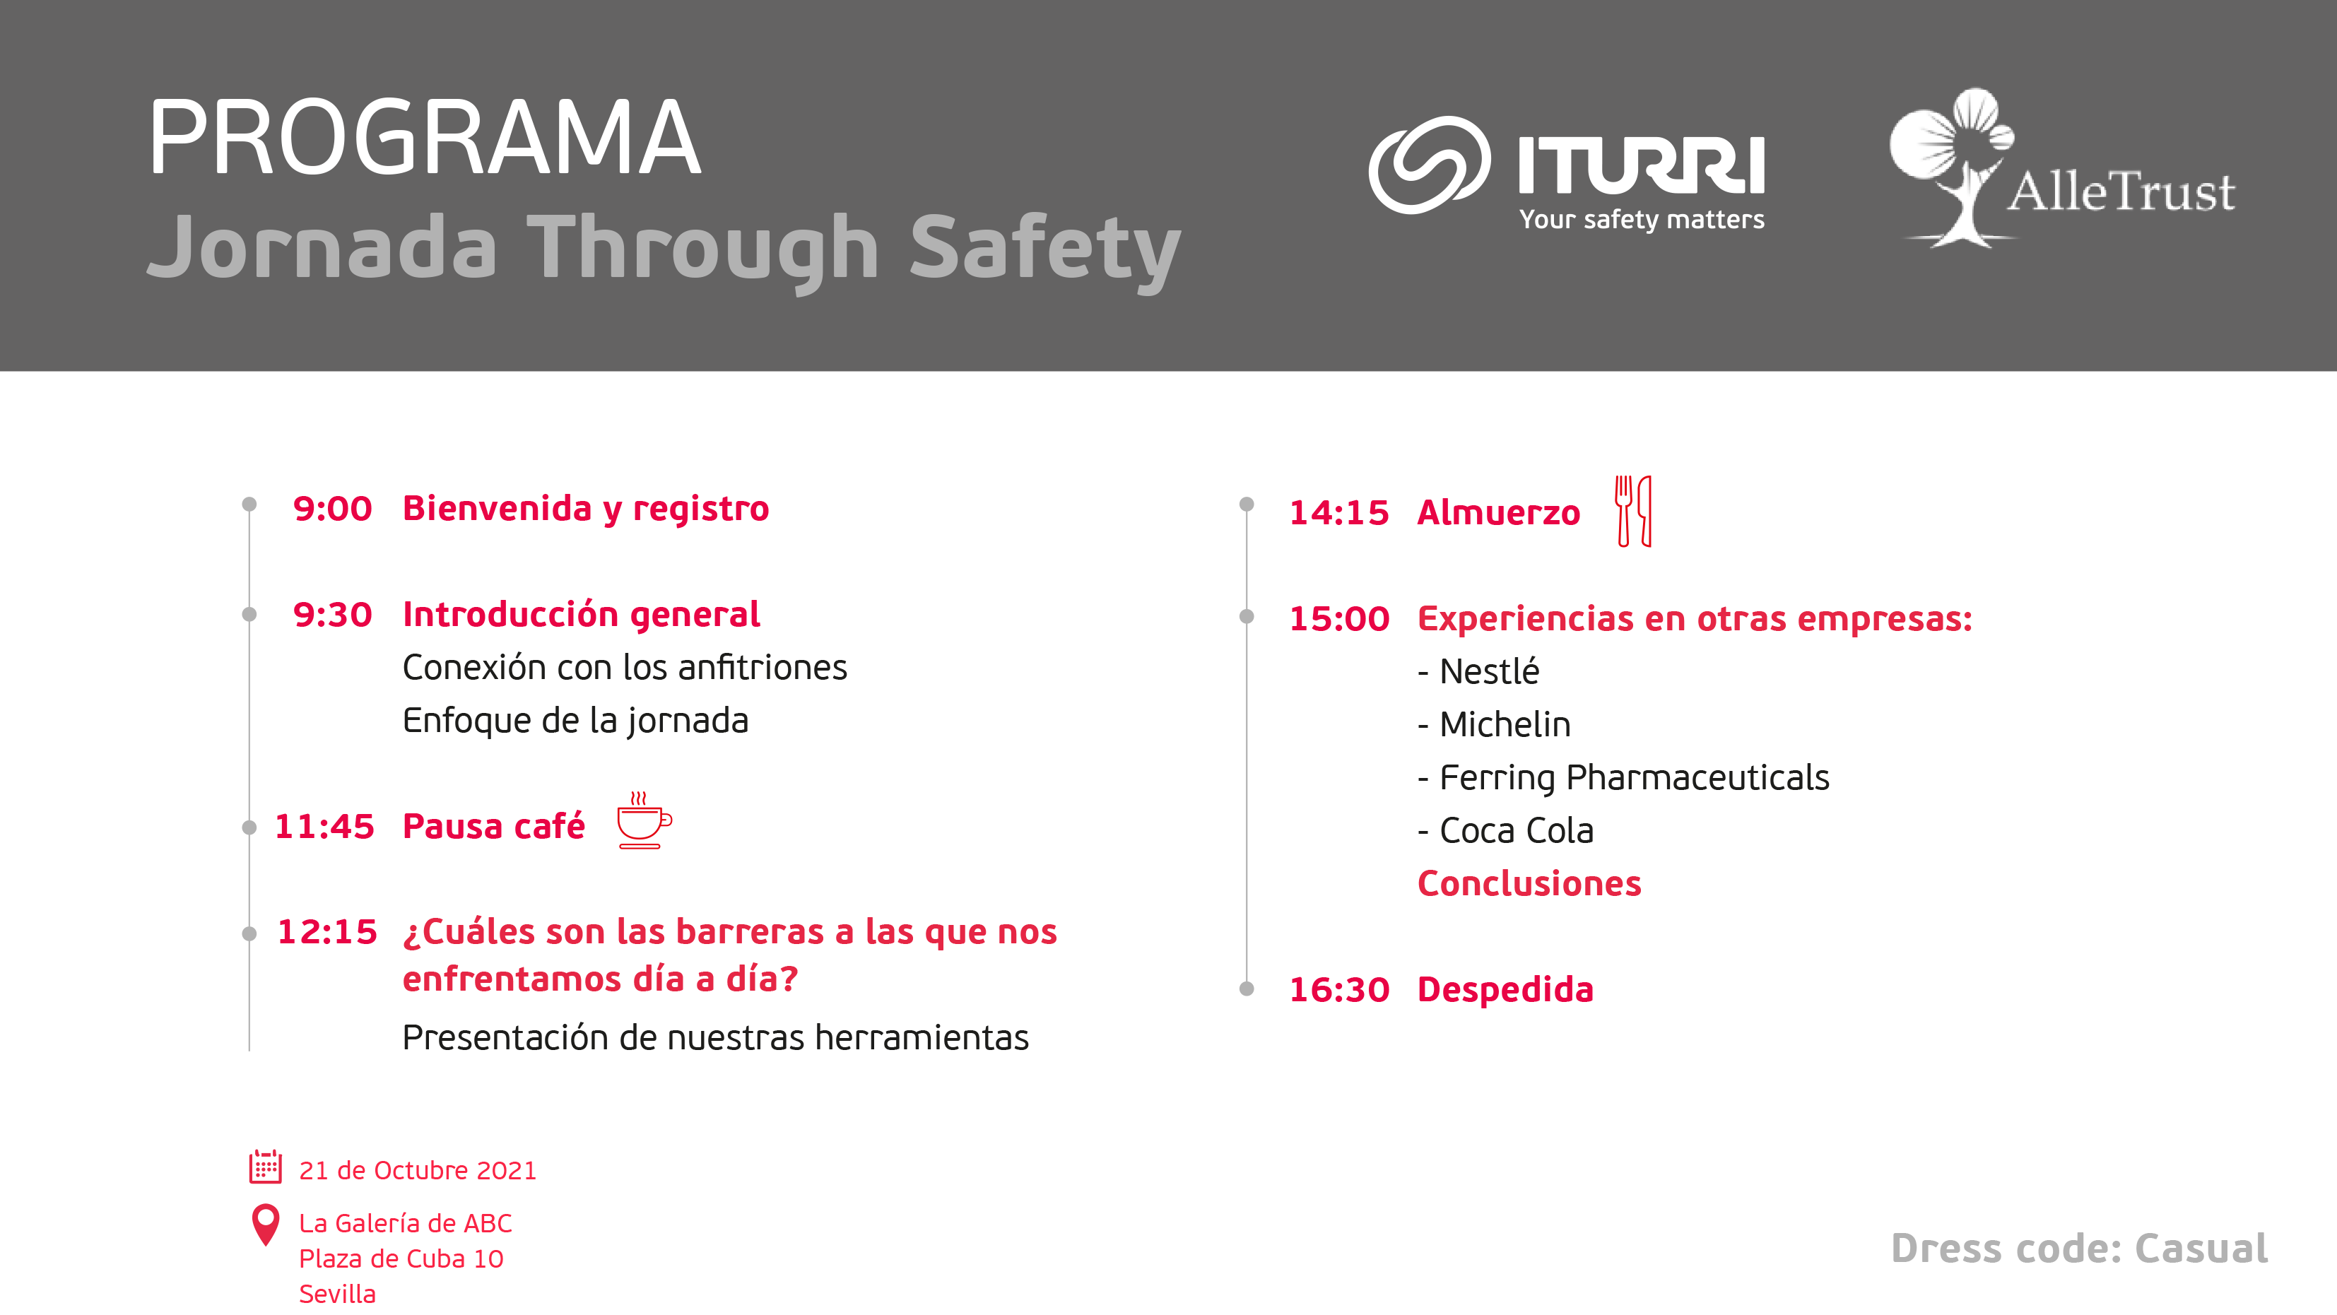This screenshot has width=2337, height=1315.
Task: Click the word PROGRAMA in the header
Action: pyautogui.click(x=425, y=138)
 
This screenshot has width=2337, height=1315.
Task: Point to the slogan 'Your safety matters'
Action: pyautogui.click(x=1642, y=220)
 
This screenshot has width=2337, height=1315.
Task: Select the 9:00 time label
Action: pyautogui.click(x=332, y=509)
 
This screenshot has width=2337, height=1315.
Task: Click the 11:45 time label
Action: pyautogui.click(x=324, y=826)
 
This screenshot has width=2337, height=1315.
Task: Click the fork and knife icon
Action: pyautogui.click(x=1633, y=511)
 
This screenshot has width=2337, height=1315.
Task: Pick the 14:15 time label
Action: pyautogui.click(x=1339, y=512)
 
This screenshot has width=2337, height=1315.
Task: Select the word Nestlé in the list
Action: pyautogui.click(x=1490, y=671)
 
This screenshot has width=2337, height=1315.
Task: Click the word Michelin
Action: pyautogui.click(x=1505, y=724)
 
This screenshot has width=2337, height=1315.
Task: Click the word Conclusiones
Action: pyautogui.click(x=1529, y=883)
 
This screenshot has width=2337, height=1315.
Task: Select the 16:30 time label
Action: pyautogui.click(x=1339, y=989)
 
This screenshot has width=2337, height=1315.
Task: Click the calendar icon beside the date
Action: pyautogui.click(x=266, y=1167)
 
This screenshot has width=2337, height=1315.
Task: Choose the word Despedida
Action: pyautogui.click(x=1505, y=989)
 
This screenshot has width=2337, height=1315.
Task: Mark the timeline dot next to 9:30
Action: pyautogui.click(x=249, y=615)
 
